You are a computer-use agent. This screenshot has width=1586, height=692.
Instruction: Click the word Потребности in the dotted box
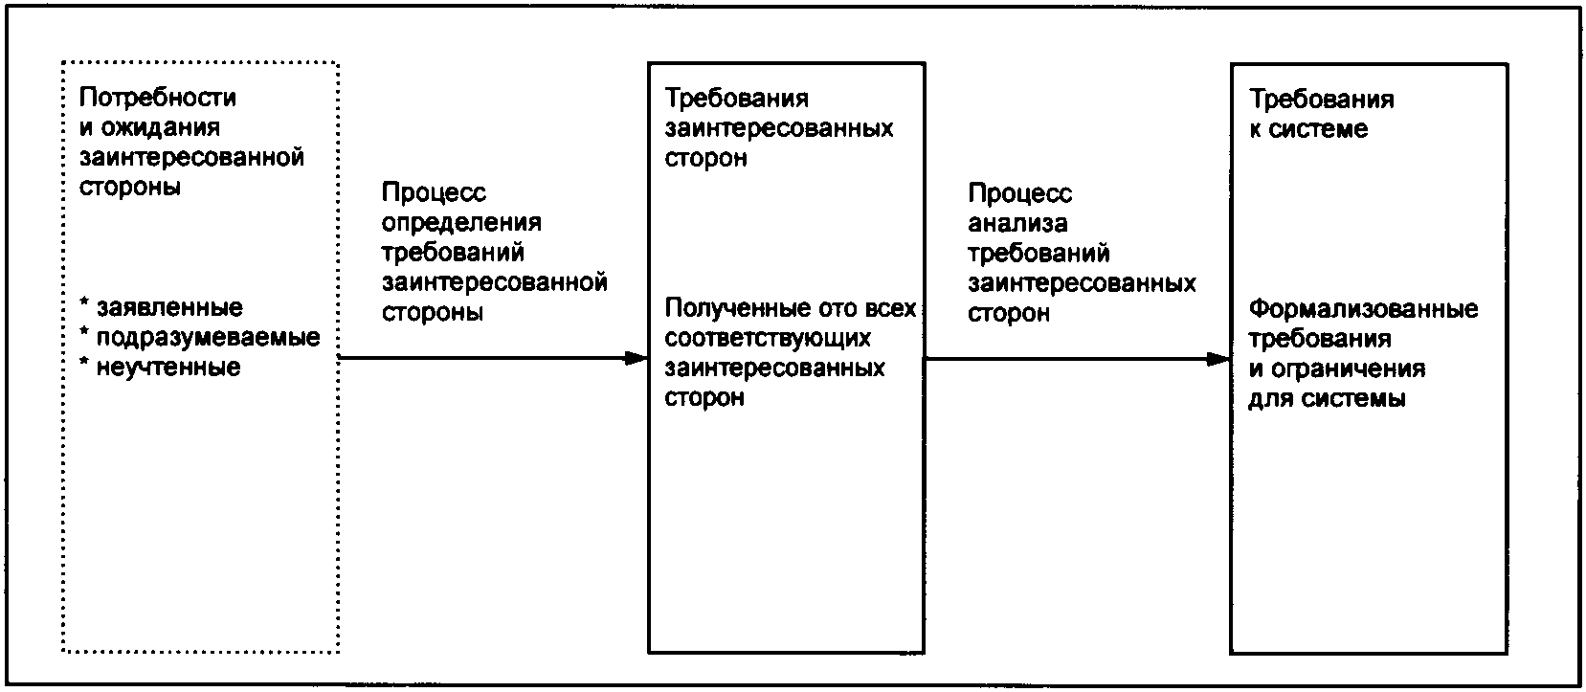click(x=158, y=98)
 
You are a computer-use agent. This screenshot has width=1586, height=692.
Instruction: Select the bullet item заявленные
click(x=168, y=308)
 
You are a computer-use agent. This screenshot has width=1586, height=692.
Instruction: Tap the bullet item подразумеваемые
click(x=208, y=338)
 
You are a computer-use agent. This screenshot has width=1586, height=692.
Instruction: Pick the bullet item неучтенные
click(x=168, y=368)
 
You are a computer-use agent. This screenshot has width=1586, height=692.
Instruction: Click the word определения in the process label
click(x=461, y=223)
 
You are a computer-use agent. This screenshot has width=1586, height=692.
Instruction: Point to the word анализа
click(x=1017, y=224)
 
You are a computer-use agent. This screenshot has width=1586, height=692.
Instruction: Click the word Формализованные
click(x=1363, y=309)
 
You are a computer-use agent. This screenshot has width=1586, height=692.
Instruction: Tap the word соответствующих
click(x=768, y=338)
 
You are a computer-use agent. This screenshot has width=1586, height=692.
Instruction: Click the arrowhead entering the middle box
click(x=637, y=359)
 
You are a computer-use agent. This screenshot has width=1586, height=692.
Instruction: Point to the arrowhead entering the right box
click(x=1218, y=360)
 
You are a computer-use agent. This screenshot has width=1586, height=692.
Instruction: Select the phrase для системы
click(x=1327, y=398)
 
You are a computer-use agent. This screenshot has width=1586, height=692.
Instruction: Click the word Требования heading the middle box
click(x=737, y=99)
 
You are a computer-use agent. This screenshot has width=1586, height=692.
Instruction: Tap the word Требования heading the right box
click(x=1322, y=99)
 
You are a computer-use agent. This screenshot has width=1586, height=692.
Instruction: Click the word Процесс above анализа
click(x=1019, y=194)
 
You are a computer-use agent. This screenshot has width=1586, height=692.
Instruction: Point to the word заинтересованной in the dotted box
click(x=191, y=157)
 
